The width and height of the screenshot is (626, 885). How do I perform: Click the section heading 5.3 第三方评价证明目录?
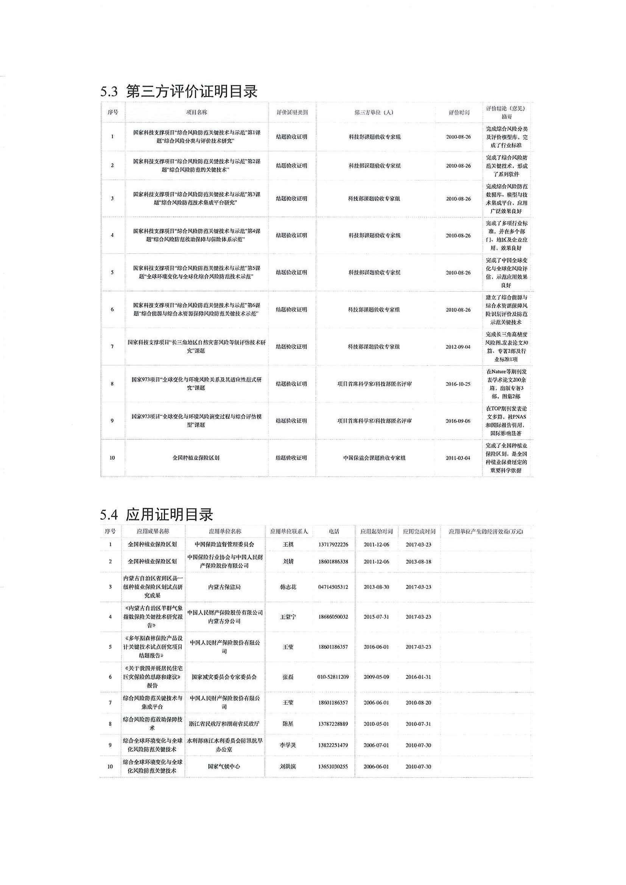179,92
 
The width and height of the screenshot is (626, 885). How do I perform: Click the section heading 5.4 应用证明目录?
156,515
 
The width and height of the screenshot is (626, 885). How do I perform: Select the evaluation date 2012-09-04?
458,347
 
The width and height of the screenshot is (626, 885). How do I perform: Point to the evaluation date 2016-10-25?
458,384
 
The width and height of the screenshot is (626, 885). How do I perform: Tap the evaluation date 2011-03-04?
458,458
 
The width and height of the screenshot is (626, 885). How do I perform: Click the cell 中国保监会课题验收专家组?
374,458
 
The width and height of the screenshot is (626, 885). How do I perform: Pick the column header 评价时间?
459,113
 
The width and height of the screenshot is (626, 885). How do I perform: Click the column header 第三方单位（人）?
374,113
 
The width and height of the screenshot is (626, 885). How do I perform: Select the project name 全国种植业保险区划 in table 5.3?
196,458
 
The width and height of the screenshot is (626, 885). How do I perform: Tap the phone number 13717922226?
334,544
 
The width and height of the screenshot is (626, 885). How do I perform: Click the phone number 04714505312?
333,587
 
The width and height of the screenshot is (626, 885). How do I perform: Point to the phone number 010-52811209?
334,677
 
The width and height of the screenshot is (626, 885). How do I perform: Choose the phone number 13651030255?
333,767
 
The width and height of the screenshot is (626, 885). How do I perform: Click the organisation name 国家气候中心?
224,767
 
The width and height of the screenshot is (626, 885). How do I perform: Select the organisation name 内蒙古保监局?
224,587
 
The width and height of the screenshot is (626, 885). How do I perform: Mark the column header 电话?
334,531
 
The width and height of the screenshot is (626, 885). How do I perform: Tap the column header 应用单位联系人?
289,531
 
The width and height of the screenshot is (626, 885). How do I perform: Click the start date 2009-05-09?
376,677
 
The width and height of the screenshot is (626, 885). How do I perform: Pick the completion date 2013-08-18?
419,562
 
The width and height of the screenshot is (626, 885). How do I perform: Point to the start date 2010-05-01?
376,724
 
